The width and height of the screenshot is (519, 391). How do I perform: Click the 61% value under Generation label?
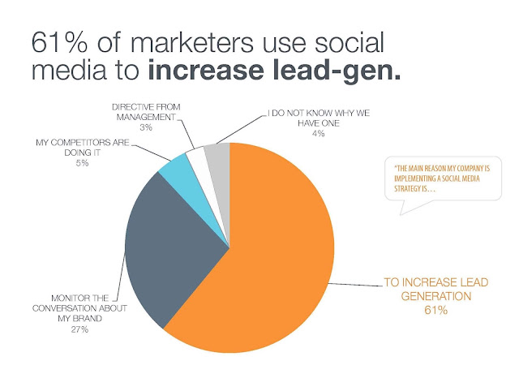(436, 310)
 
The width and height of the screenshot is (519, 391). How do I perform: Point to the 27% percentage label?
(79, 329)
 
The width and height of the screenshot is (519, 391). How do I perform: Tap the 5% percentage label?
(82, 163)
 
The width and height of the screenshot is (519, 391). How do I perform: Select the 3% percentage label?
(146, 127)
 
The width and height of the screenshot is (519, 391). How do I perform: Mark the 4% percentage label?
(318, 133)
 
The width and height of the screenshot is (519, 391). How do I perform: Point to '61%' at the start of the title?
(59, 43)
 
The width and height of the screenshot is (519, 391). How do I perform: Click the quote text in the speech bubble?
(442, 178)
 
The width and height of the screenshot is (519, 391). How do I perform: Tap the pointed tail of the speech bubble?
(401, 214)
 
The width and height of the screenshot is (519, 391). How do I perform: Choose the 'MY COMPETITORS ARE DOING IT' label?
(83, 148)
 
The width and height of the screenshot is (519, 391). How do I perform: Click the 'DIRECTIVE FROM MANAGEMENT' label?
(146, 112)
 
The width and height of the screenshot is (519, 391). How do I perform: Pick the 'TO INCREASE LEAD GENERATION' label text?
(436, 289)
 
